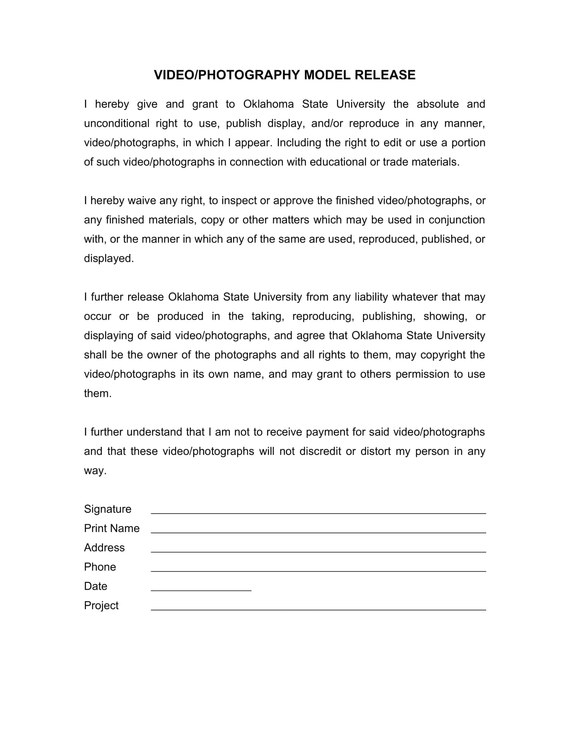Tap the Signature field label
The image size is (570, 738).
click(x=107, y=509)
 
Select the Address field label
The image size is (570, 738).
click(x=104, y=547)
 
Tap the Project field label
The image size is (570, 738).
click(x=101, y=605)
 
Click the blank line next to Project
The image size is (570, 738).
click(x=318, y=607)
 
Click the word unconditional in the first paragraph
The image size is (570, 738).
click(x=116, y=123)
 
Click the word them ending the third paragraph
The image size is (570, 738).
click(x=97, y=393)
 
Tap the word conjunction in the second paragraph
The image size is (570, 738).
click(x=457, y=220)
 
